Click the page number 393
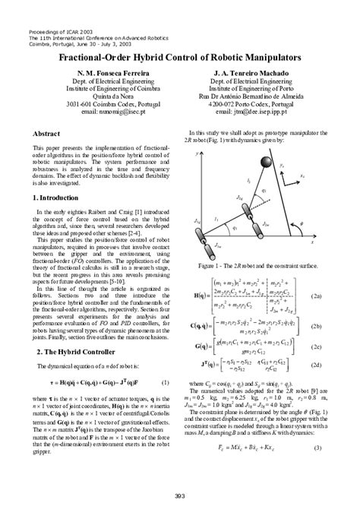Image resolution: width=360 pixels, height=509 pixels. tap(179, 495)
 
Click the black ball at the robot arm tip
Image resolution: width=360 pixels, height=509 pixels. tap(267, 160)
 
